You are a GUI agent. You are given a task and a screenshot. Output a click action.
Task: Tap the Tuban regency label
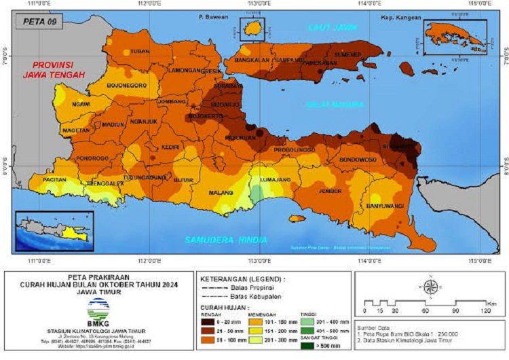140,52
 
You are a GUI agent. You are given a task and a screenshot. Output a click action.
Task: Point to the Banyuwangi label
385,205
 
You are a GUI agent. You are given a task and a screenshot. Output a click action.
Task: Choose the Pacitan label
54,180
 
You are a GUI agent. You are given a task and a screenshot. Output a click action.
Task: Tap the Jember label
331,192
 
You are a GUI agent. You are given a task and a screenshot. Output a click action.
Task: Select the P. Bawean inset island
255,28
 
